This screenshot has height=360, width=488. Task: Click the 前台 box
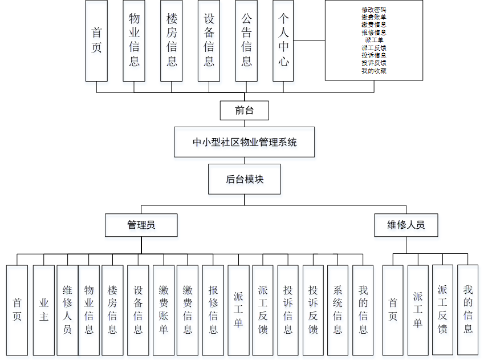(x=244, y=110)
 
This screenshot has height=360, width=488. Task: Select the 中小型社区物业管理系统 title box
(x=244, y=142)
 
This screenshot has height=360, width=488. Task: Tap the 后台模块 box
(x=244, y=179)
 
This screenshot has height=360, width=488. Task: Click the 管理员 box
(x=141, y=225)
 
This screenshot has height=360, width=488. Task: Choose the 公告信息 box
(x=246, y=40)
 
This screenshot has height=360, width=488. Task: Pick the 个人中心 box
(x=283, y=40)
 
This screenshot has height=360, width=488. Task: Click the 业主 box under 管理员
(x=44, y=310)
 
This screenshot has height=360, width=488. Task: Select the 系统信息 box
(x=337, y=310)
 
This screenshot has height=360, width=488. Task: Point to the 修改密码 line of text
(x=374, y=10)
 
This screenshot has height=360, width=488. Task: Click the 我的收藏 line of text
(x=374, y=71)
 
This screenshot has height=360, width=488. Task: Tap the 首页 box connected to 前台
(x=96, y=40)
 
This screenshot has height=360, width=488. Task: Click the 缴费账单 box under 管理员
(x=164, y=310)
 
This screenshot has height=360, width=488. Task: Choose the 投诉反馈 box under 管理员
(x=313, y=310)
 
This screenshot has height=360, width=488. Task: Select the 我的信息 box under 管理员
(x=363, y=310)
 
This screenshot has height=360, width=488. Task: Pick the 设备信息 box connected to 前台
(x=209, y=40)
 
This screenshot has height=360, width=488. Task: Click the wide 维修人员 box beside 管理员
(x=406, y=225)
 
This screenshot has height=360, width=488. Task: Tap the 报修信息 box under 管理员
(x=213, y=310)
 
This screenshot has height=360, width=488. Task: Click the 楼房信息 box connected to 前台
(x=172, y=40)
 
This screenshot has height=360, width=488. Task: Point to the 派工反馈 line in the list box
(x=374, y=48)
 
